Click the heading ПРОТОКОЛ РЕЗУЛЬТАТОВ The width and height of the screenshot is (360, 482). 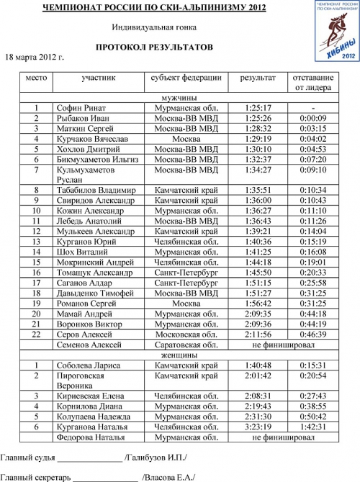tap(154, 47)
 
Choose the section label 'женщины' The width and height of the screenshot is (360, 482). tap(186, 355)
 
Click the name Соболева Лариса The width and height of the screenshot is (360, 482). tap(87, 365)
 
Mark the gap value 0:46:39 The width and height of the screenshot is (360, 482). tap(312, 335)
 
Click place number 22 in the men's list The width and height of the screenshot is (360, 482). tap(36, 335)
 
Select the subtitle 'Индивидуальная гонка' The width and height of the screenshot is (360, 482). tap(153, 27)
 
